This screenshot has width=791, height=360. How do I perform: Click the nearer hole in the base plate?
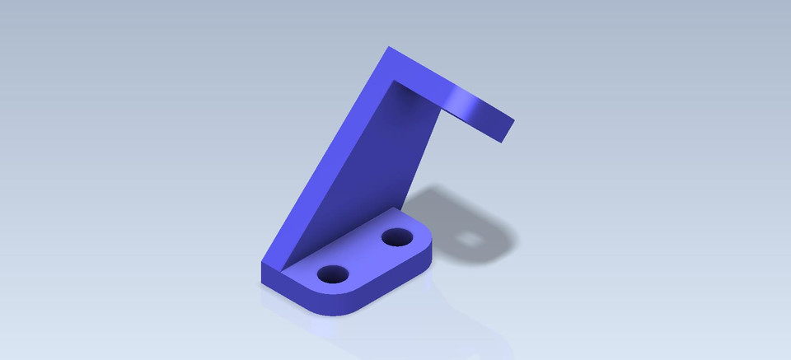[x=333, y=274]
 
